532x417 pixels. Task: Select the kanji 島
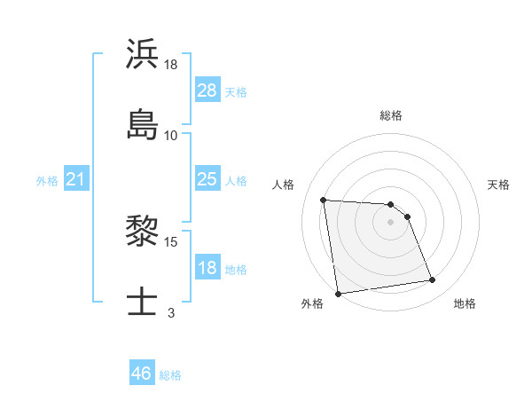pos(143,124)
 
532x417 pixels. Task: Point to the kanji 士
pos(143,302)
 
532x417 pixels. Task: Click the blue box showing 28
pos(207,90)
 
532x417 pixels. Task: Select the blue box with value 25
pos(207,179)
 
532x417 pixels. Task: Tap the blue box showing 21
pos(76,180)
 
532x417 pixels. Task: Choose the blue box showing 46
pos(142,374)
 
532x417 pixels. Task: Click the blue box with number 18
pos(207,268)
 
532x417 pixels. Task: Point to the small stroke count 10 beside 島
pos(171,136)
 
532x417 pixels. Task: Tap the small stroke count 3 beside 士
pos(171,312)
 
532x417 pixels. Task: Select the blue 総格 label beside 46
pos(170,375)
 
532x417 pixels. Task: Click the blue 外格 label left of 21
pos(47,181)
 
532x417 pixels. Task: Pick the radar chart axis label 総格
pos(391,115)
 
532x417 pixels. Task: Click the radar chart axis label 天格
pos(499,185)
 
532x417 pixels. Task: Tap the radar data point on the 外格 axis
pos(338,293)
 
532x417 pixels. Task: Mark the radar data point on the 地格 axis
pos(432,280)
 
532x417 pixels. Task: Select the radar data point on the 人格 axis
pos(324,200)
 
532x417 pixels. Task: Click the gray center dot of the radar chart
pos(391,222)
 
